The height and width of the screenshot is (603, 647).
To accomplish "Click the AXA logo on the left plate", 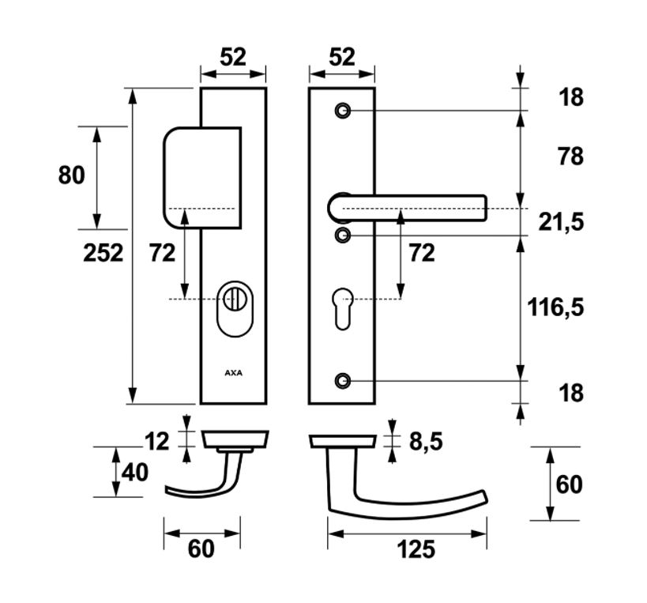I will click(233, 371).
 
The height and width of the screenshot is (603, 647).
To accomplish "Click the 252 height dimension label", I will click(103, 253).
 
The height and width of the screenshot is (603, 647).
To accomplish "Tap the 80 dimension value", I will click(71, 175).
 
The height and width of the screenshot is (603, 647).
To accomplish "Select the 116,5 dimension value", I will click(556, 307).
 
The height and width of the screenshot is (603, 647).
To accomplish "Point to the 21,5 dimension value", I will click(561, 223).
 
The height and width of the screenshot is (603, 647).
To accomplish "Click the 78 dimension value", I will click(569, 156).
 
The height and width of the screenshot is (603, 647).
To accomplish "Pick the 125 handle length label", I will click(416, 548).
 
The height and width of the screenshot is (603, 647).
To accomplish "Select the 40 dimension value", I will click(134, 473).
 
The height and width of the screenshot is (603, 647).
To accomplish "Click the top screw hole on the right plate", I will click(342, 111).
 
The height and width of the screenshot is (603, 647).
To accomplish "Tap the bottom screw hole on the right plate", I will click(342, 381).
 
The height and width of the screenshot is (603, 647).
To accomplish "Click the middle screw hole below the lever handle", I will click(342, 235).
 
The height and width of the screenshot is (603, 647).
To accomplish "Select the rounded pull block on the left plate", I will click(201, 178).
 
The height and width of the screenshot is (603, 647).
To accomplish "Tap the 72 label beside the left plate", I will click(162, 253).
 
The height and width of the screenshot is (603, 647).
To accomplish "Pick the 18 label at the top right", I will click(570, 97).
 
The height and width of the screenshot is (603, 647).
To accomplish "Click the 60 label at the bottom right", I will click(569, 484).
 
